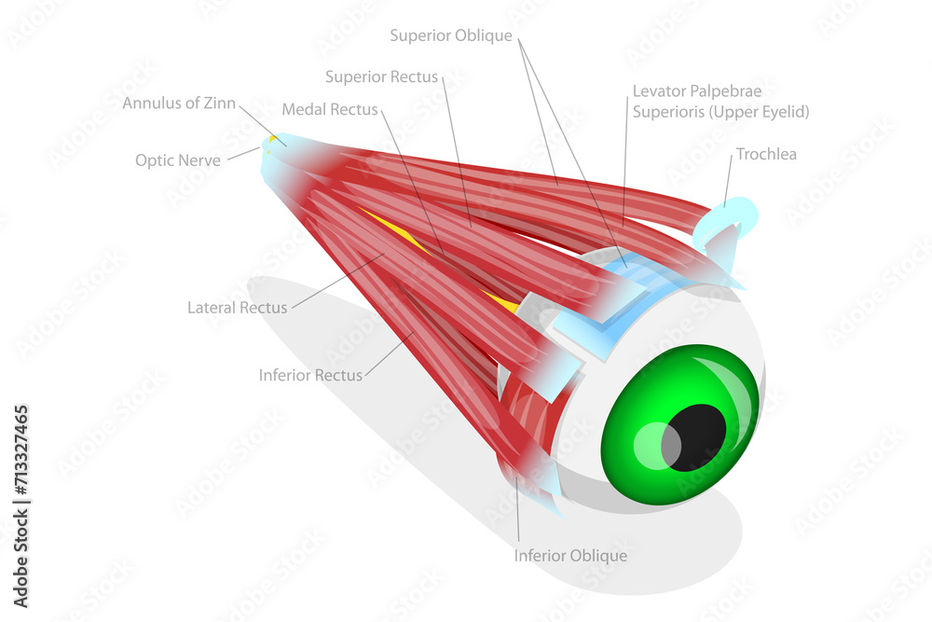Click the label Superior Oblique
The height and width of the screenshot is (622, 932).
[451, 36]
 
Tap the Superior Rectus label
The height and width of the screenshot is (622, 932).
[381, 76]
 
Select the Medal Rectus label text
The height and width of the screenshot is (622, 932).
[330, 110]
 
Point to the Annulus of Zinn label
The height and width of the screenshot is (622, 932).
[179, 104]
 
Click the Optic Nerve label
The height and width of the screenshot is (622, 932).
[178, 160]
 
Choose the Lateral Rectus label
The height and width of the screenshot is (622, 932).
[237, 307]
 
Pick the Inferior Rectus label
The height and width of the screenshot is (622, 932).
[310, 376]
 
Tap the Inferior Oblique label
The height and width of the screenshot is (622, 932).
[570, 556]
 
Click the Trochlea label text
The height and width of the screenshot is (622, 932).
[766, 155]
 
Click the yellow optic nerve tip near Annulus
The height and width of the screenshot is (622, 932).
[273, 140]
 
